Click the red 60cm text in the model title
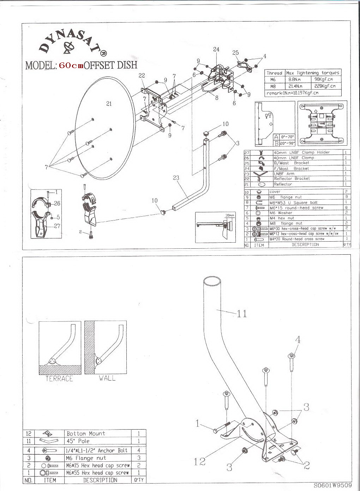coord(71,66)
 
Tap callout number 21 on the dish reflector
coord(109,103)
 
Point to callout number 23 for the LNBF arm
coord(176,178)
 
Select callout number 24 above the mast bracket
coord(216,49)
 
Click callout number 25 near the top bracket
coord(235,53)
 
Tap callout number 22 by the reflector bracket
coord(142,75)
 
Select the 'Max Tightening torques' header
coord(313,73)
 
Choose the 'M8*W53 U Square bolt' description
coord(293,202)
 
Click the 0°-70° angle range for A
coord(287,137)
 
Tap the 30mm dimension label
coord(230,215)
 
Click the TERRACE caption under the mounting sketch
coord(59,378)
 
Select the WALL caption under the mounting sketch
coord(107,378)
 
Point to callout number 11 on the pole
coord(241,313)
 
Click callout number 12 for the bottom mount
coord(200,461)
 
